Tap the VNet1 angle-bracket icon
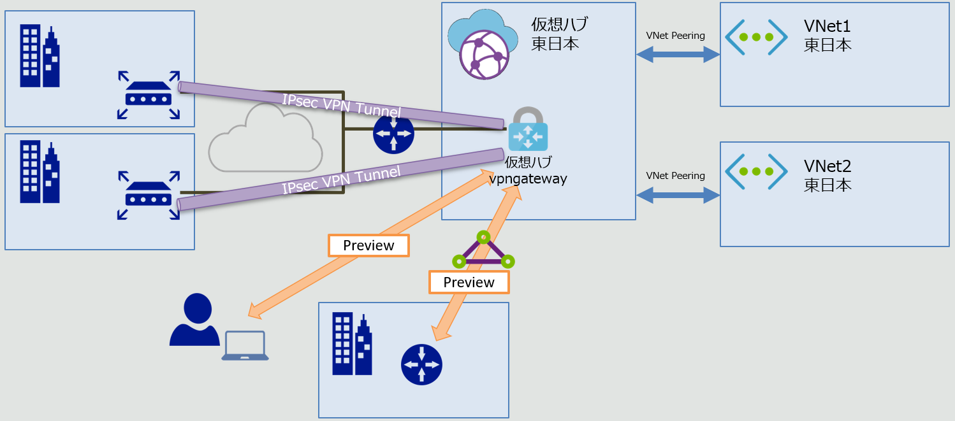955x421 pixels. pos(755,37)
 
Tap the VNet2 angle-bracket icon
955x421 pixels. pos(755,171)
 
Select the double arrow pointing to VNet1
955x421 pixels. pos(678,55)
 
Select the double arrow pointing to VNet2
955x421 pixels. pos(678,196)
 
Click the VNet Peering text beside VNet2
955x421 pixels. pos(675,175)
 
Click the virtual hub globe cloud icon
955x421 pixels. pos(479,45)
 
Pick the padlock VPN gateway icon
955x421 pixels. pos(527,129)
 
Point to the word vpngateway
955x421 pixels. pos(528,179)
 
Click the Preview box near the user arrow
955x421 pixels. pos(368,245)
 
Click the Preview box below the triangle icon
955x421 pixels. pos(469,282)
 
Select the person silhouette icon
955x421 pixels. pos(194,320)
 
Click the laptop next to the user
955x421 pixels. pos(245,346)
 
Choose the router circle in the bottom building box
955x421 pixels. pos(421,365)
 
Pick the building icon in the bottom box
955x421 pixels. pos(351,344)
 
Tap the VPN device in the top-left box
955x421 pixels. pos(149,95)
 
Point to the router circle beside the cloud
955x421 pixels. pos(393,134)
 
